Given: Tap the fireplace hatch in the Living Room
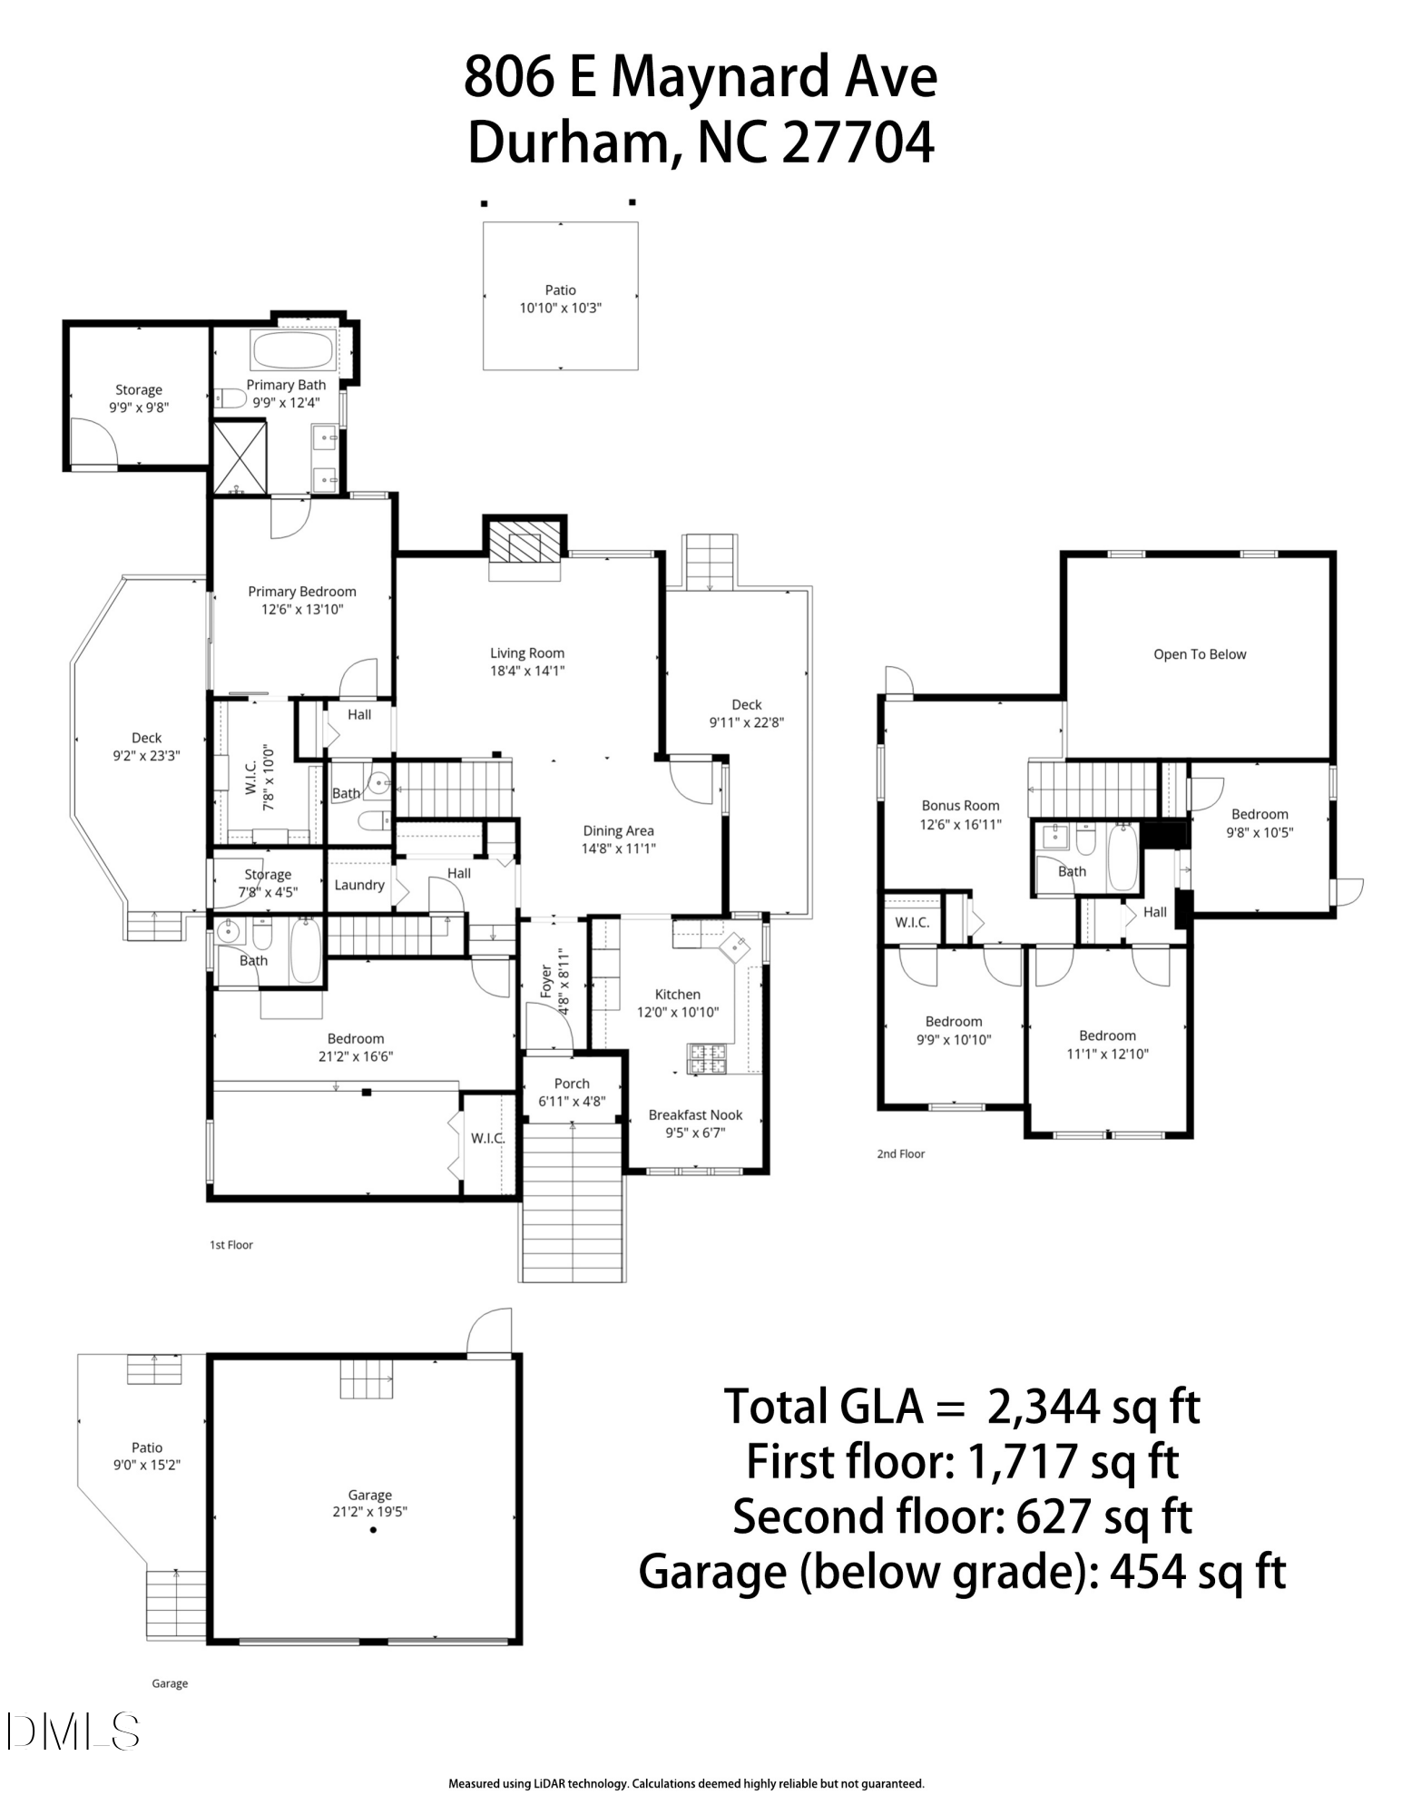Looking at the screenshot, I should point(525,547).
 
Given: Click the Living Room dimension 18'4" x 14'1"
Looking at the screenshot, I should point(526,671).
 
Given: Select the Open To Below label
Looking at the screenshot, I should point(1199,654).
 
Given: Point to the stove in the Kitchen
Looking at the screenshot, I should point(710,1059).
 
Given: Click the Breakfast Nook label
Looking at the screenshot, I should point(695,1114).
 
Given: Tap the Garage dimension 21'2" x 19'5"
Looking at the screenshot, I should point(369,1512).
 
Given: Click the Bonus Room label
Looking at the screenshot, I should point(960,805).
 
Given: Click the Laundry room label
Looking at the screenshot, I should point(359,885).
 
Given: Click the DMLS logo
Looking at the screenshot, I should point(73,1732).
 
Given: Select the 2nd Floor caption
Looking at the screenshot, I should point(900,1153).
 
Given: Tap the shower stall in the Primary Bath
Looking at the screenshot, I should point(240,457).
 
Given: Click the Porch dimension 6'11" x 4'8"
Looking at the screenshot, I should point(572,1102).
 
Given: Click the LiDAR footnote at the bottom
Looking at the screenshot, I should point(686,1783).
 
